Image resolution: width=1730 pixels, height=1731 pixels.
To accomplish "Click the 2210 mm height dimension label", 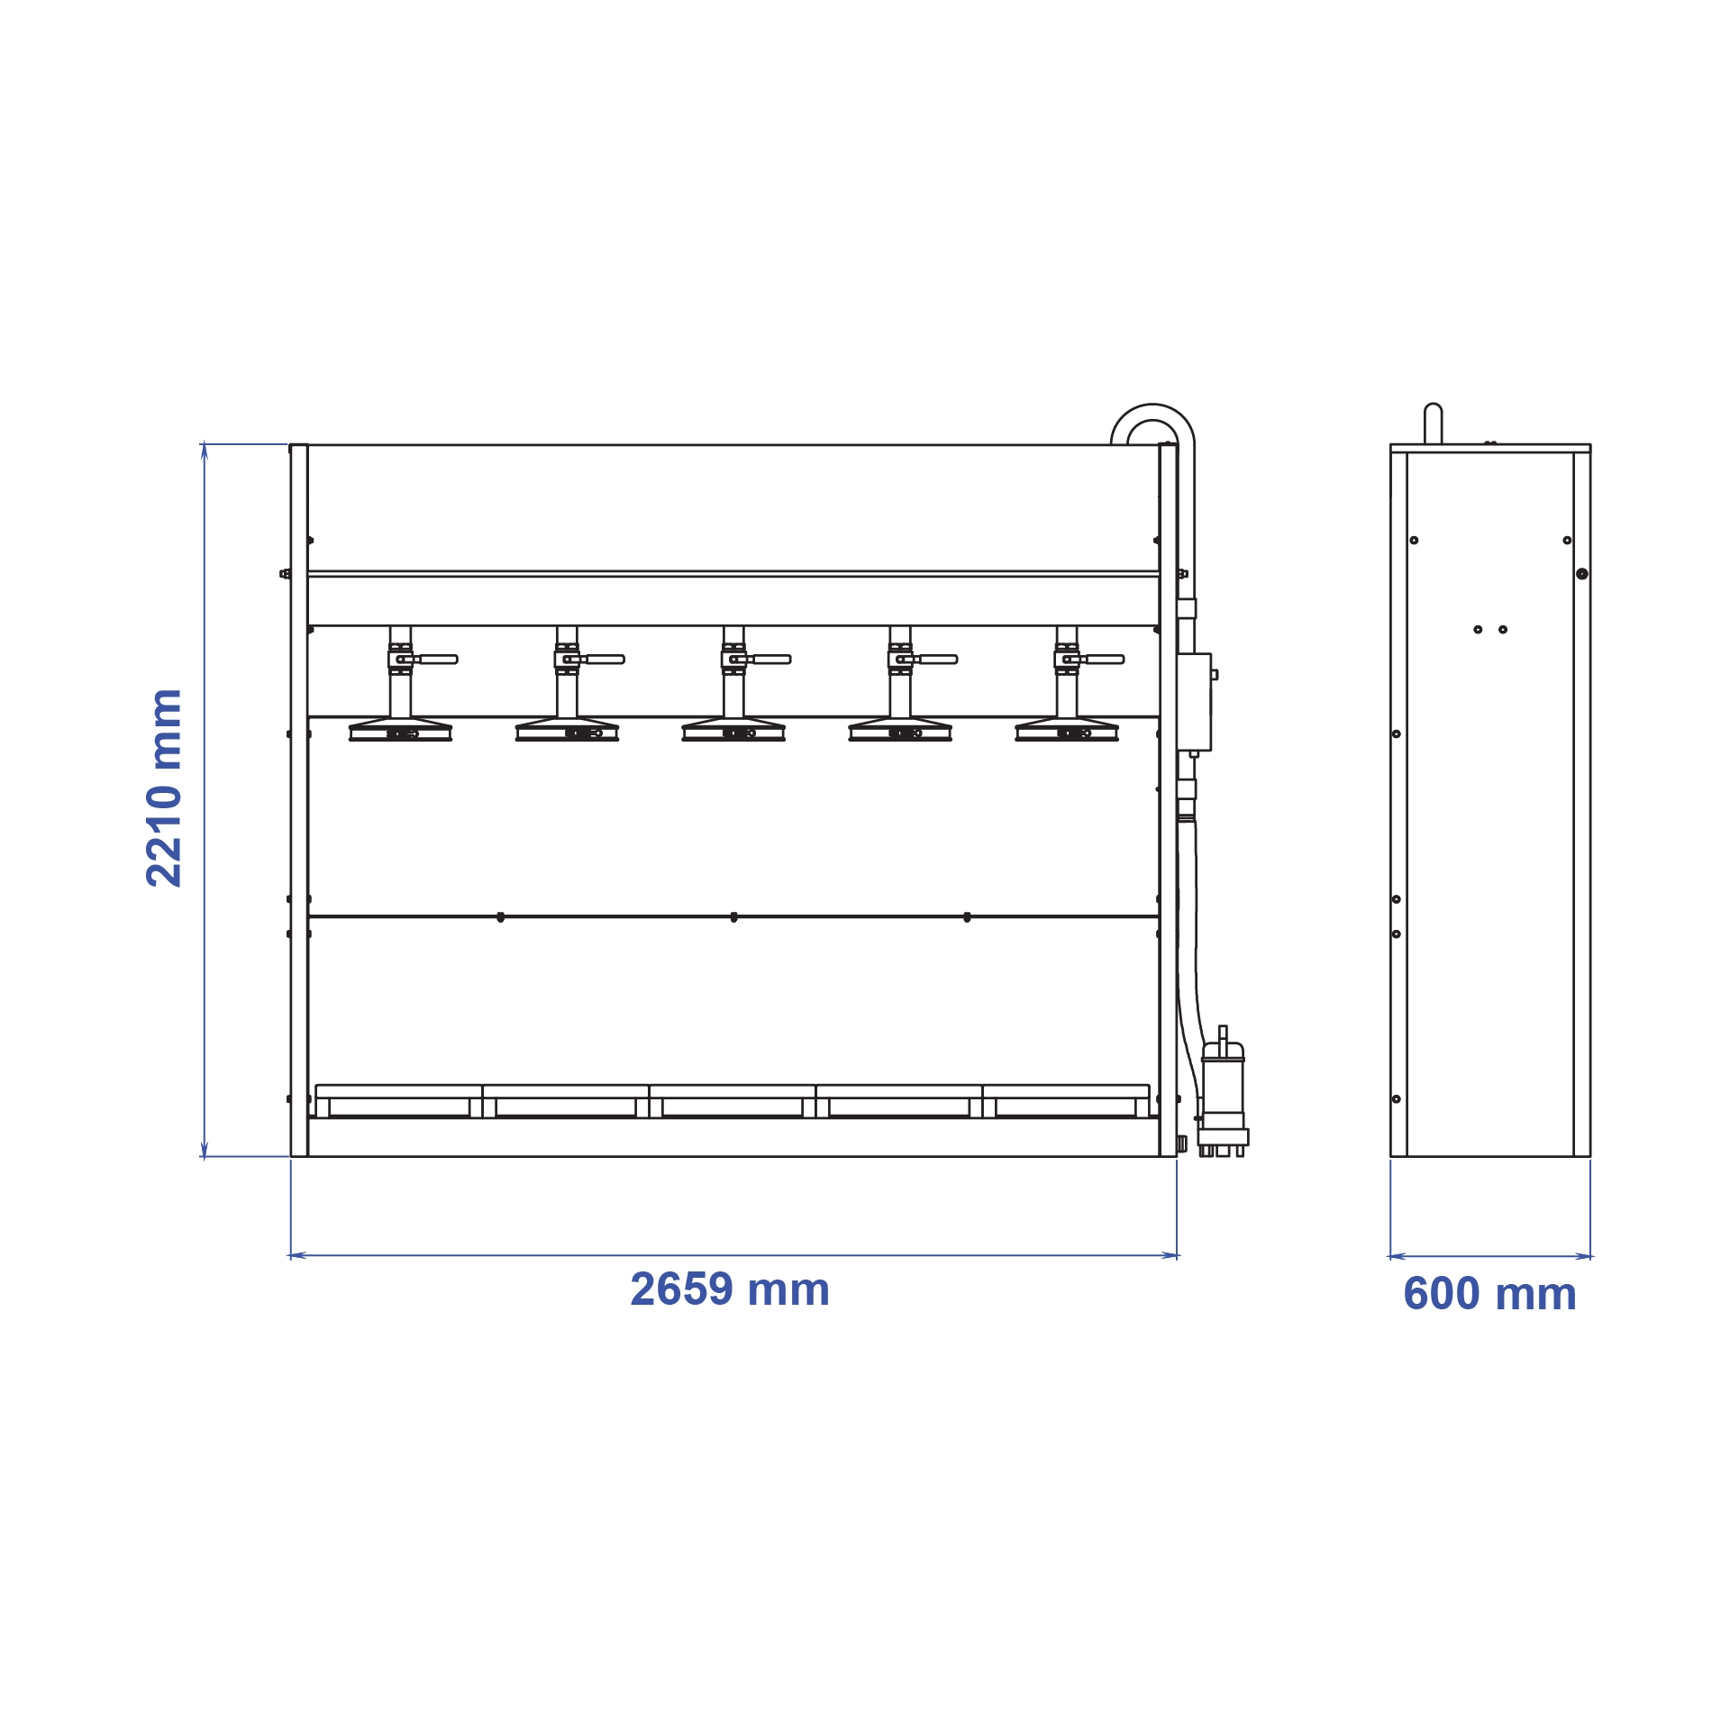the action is point(165,788).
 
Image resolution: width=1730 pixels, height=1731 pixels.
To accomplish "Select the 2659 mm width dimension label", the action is point(730,1289).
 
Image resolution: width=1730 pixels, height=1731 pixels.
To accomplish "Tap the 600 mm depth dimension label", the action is point(1490,1294).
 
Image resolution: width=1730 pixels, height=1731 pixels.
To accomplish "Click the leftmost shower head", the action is point(400,729).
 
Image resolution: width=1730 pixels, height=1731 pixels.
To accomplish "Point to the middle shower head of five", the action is point(733,729).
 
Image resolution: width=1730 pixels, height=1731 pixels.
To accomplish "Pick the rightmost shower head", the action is point(1067,729).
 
